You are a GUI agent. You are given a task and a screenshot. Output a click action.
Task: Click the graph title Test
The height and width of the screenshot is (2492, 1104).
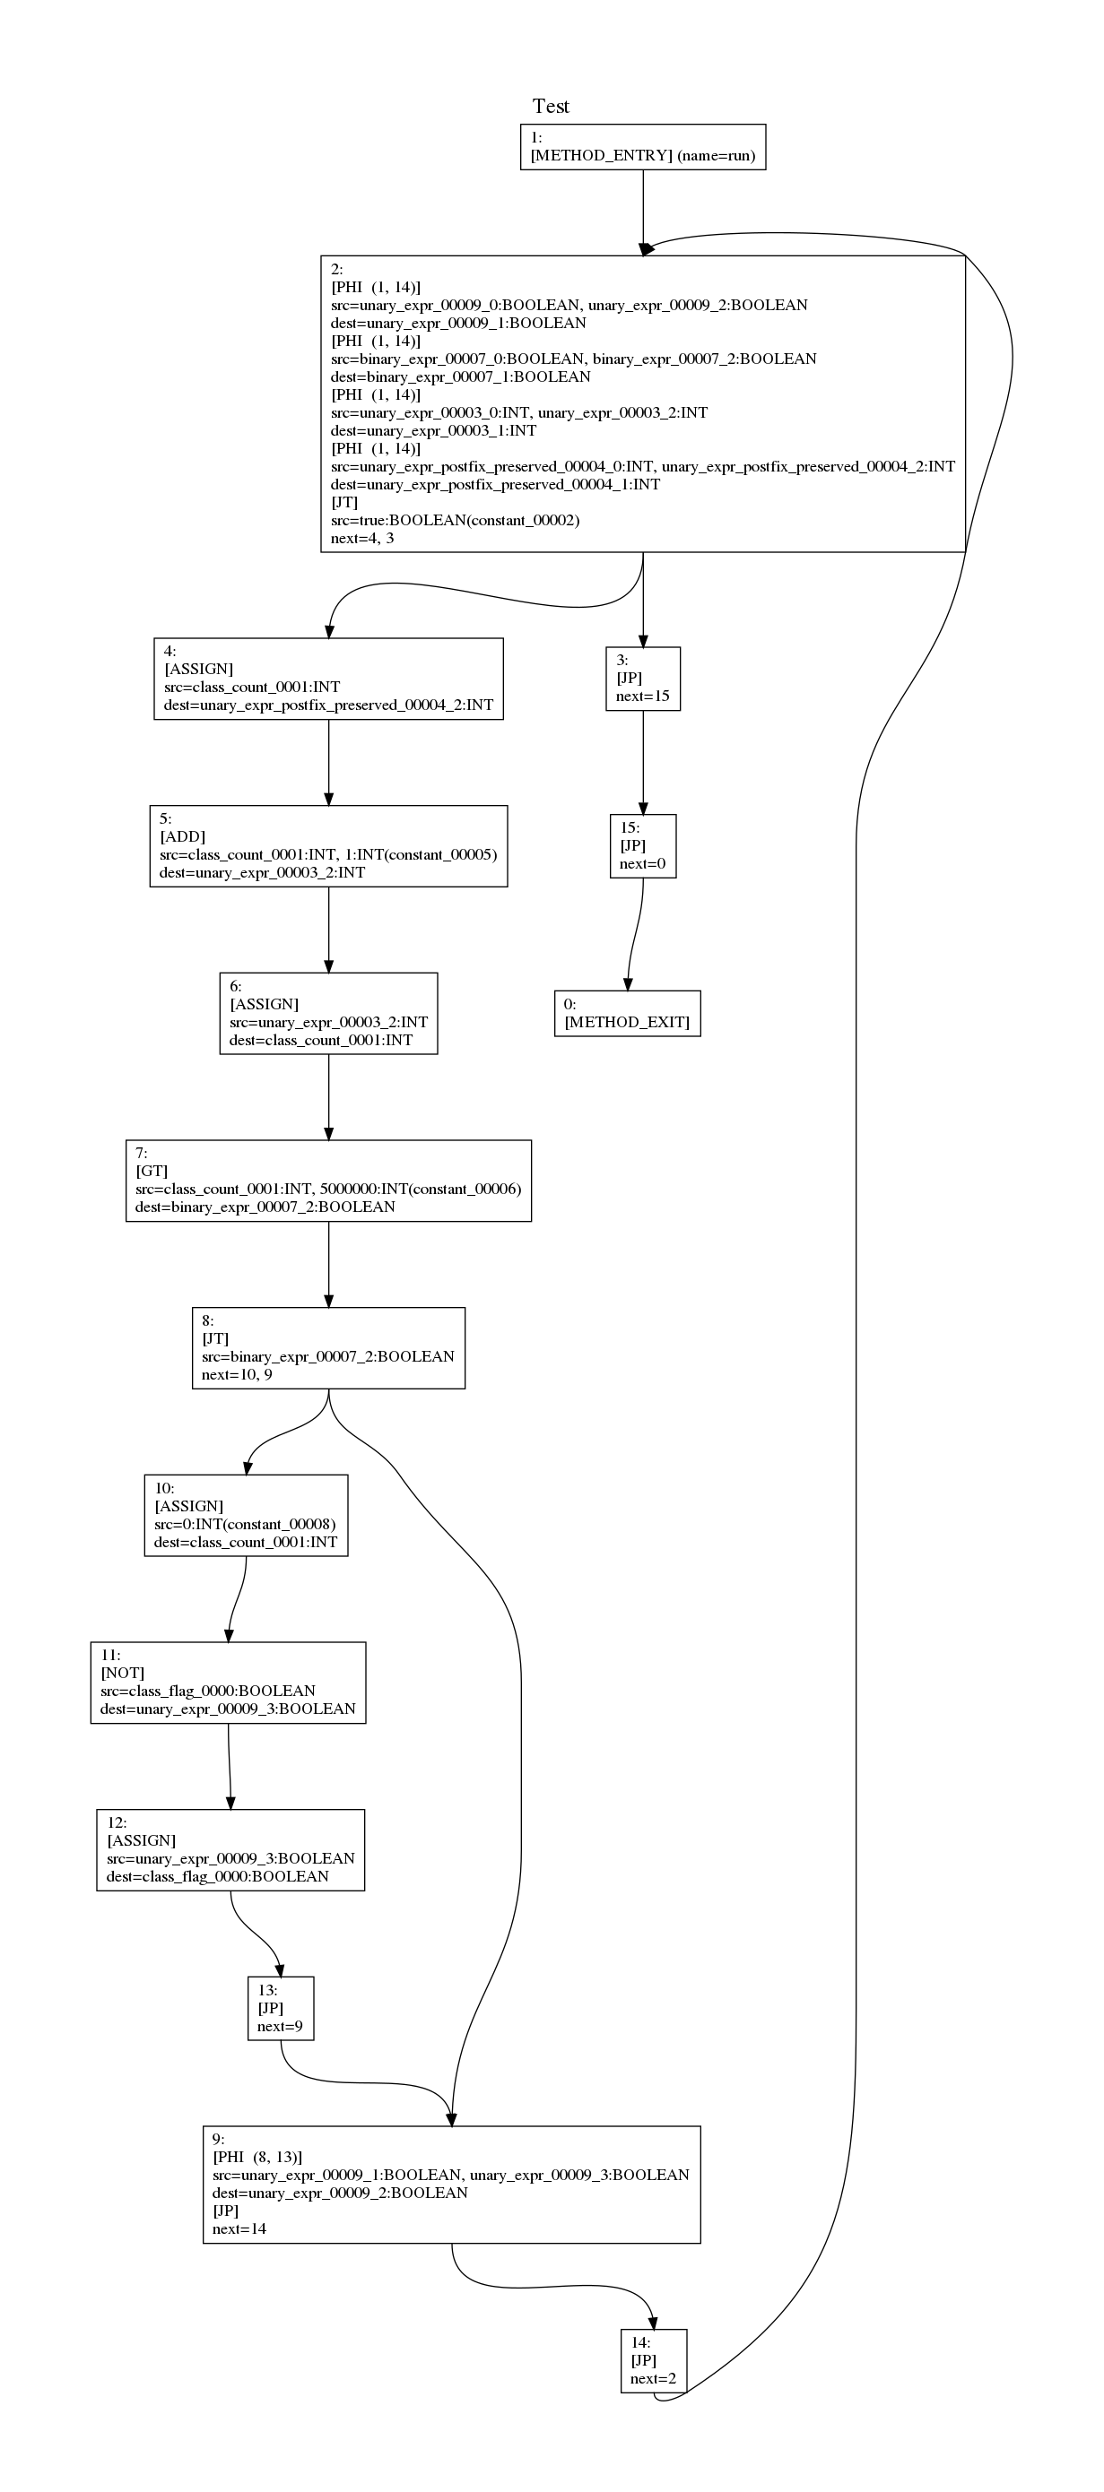(551, 107)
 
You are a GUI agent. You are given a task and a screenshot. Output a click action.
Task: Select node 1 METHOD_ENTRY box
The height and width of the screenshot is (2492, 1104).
(642, 147)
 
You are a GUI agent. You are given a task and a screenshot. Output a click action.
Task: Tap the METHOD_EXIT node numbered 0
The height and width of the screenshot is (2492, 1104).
(627, 1013)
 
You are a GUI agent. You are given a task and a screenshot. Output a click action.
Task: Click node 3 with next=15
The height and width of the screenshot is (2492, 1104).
(642, 679)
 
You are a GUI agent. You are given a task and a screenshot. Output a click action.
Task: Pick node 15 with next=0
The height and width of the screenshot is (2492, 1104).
(642, 845)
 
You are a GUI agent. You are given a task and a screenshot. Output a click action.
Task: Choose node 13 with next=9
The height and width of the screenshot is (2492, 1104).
(281, 2007)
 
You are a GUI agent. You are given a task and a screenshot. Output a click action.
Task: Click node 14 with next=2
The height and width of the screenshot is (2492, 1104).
(653, 2360)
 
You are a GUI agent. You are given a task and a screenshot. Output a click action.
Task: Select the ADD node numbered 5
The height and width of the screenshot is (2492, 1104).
(328, 845)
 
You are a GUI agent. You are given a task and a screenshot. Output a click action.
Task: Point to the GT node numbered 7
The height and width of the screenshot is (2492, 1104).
(328, 1181)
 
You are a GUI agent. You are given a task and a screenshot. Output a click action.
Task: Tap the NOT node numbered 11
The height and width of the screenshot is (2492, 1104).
(229, 1683)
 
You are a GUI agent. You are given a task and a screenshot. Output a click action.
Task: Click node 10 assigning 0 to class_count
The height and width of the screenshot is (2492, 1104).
(246, 1515)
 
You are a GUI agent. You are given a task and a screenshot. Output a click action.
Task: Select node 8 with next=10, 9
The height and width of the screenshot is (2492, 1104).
(328, 1347)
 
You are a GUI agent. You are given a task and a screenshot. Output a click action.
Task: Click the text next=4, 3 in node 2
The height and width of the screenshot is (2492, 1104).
(362, 538)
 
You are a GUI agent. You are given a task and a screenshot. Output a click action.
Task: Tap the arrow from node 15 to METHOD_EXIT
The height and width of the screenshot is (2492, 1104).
(634, 933)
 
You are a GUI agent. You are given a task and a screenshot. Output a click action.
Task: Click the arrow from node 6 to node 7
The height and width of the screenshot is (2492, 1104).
(328, 1096)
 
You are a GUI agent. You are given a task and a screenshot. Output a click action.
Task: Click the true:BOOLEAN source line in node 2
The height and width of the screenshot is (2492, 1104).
(455, 521)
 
